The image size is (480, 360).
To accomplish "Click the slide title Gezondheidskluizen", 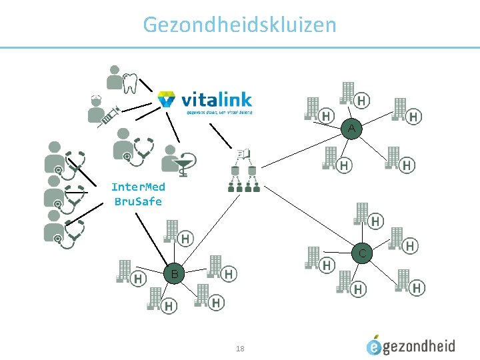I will (239, 25).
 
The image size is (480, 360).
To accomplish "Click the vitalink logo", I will (205, 101).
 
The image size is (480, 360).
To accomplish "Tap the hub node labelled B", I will (173, 273).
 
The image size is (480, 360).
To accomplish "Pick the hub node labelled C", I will (362, 253).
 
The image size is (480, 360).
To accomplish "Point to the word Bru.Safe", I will (138, 201).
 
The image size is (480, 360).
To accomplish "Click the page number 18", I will (240, 348).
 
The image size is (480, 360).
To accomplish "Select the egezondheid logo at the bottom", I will (411, 345).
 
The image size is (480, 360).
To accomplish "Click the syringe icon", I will (109, 117).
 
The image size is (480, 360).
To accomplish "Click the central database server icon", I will (243, 169).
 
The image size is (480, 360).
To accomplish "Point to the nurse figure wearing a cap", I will (97, 107).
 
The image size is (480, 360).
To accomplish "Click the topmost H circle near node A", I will (361, 101).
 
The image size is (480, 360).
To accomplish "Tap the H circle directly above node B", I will (186, 238).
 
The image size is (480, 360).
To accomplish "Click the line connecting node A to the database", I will (300, 147).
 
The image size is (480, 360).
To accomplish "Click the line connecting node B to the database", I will (203, 230).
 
